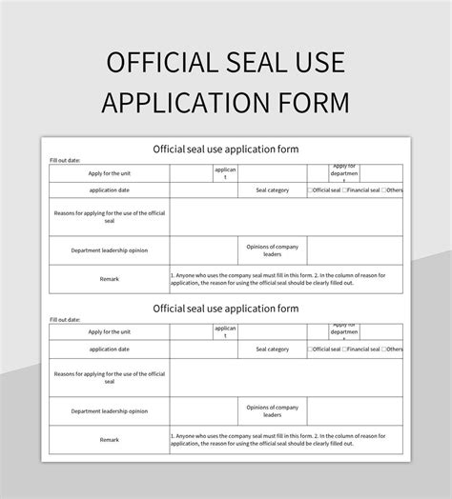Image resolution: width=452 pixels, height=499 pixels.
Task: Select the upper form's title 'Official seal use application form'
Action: (x=226, y=149)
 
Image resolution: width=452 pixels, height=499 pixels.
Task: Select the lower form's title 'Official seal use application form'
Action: (x=226, y=309)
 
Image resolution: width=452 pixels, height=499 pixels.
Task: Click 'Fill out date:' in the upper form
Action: (x=65, y=160)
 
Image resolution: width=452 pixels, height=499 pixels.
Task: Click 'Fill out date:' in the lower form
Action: (x=65, y=320)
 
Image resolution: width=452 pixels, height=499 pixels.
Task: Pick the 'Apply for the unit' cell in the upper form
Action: (x=110, y=172)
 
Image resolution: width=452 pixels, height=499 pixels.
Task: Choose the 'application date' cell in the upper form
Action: (x=110, y=190)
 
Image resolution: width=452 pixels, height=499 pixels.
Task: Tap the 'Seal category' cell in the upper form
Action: (x=272, y=190)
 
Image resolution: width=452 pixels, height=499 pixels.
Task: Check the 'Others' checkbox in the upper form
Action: (x=384, y=190)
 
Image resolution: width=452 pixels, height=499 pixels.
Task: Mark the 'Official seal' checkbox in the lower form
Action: (x=310, y=349)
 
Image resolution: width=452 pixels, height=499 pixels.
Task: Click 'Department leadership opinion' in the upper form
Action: (x=110, y=250)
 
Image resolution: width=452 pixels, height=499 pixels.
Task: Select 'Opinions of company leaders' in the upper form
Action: (x=272, y=250)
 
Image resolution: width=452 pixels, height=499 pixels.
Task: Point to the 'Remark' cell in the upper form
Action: (x=110, y=280)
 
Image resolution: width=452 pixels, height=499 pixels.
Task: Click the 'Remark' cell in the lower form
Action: (x=110, y=440)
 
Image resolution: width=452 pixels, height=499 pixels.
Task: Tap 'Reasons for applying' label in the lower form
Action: (x=110, y=377)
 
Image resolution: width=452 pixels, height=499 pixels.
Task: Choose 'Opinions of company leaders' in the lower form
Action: (x=272, y=410)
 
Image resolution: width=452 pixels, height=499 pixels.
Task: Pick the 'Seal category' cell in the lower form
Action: (x=272, y=349)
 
